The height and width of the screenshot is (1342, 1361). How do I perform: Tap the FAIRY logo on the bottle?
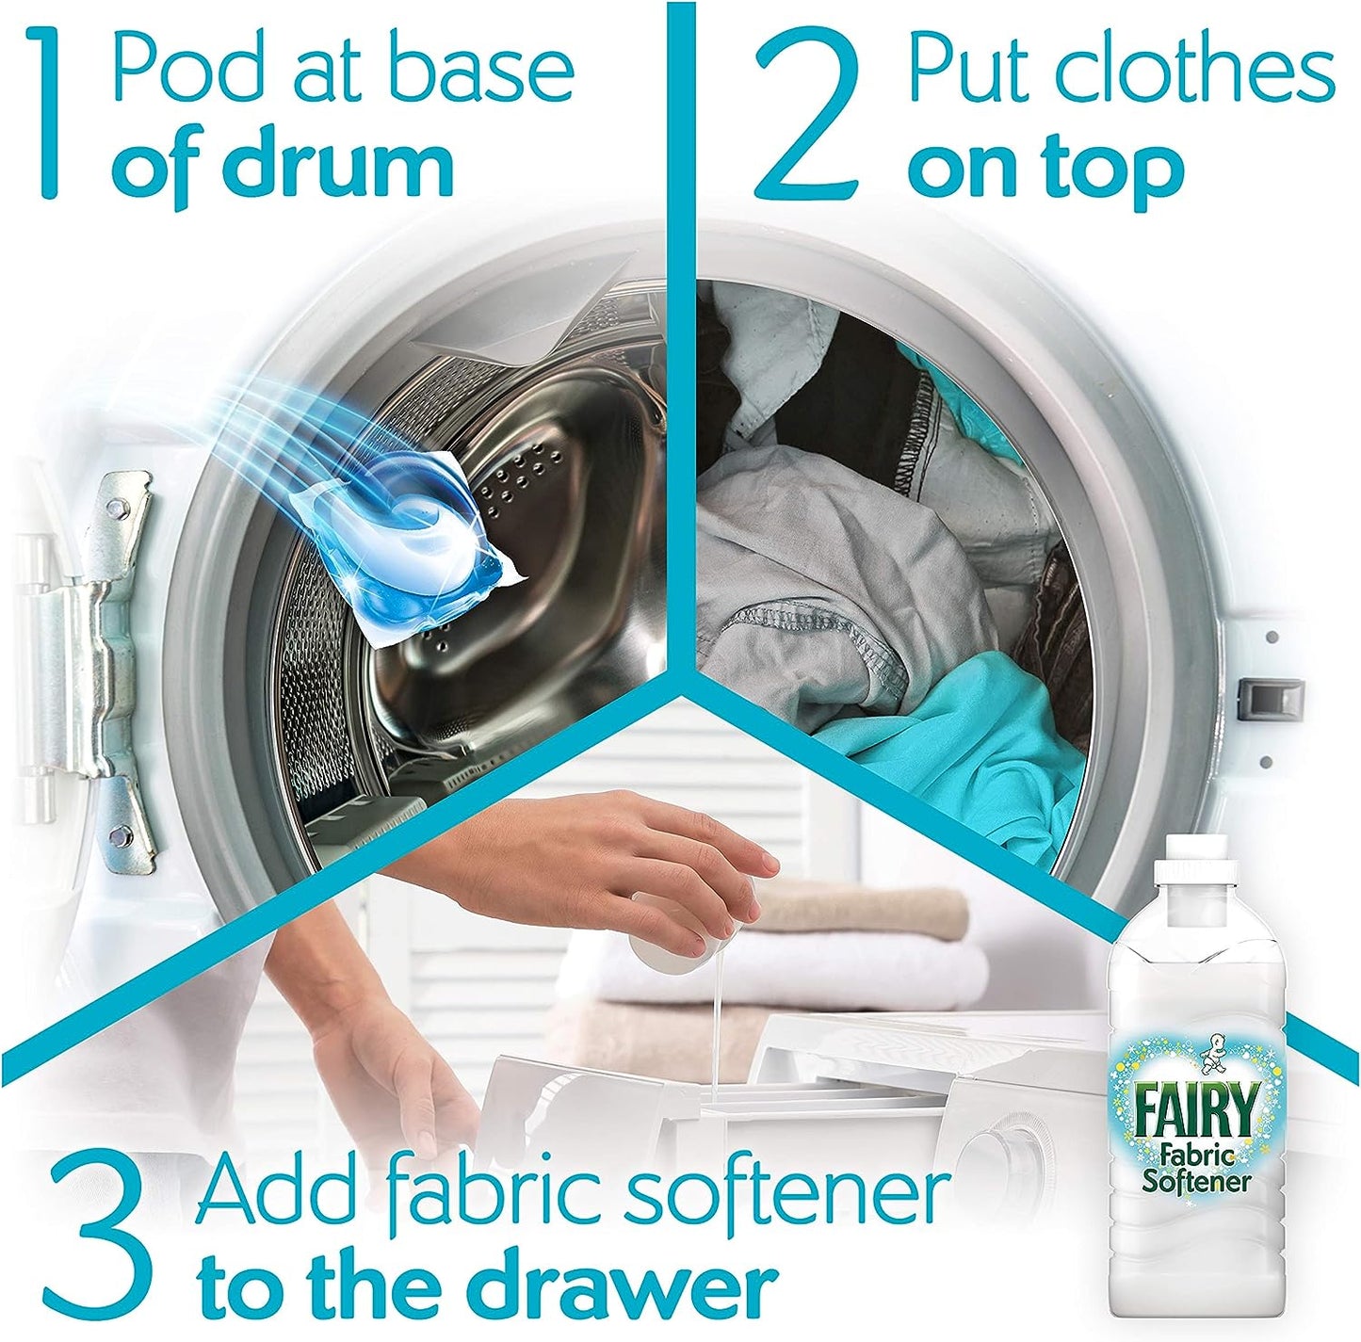tap(1197, 1112)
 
